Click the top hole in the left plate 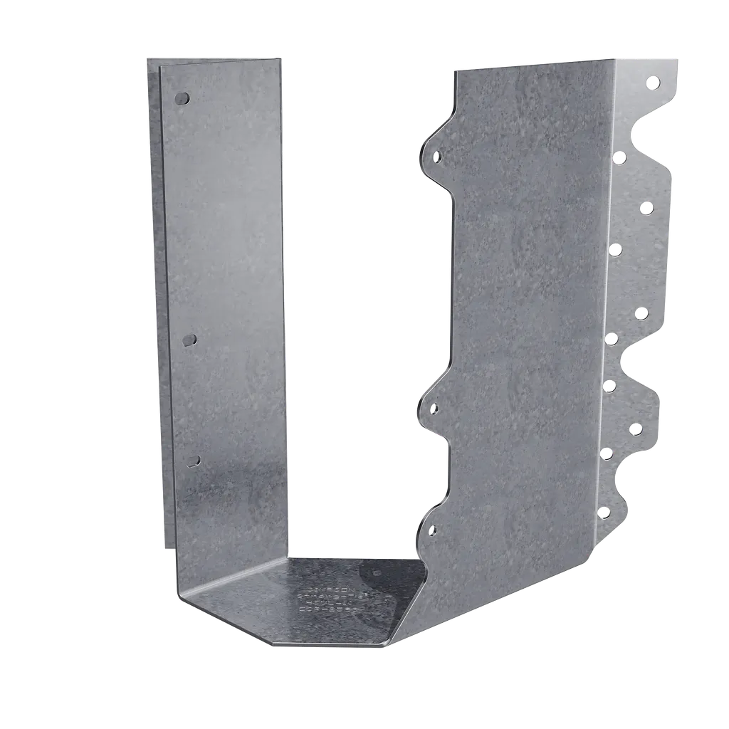[x=182, y=98]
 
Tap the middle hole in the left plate [x=189, y=340]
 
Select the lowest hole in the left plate [x=192, y=461]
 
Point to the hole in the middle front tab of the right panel [x=434, y=407]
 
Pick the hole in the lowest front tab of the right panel [x=433, y=529]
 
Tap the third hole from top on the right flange [x=646, y=208]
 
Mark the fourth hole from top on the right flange [x=614, y=248]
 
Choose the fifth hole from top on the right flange [x=641, y=313]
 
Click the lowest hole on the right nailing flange [x=602, y=511]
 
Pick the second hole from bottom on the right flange [x=607, y=452]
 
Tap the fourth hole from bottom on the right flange [x=609, y=385]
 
